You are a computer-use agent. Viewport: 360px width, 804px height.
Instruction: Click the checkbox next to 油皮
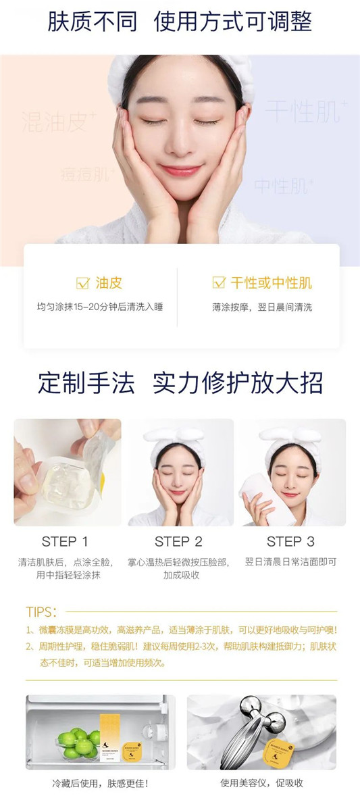click(83, 282)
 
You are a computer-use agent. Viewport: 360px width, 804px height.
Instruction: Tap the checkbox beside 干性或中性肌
click(219, 282)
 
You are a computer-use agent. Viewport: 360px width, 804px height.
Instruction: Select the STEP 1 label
click(65, 541)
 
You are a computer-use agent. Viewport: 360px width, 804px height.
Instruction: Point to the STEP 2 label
click(178, 541)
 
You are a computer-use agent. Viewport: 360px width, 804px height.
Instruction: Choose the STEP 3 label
click(290, 541)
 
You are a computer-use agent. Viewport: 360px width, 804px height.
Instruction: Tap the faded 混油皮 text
click(59, 122)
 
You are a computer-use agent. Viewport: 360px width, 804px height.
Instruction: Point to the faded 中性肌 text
click(283, 186)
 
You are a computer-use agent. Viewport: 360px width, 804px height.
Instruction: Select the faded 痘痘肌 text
click(86, 175)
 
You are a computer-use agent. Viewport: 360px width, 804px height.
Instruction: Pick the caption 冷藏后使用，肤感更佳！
click(100, 784)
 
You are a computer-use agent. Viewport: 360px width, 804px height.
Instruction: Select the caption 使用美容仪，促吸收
click(261, 784)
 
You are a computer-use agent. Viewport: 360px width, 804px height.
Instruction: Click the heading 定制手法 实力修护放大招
click(180, 383)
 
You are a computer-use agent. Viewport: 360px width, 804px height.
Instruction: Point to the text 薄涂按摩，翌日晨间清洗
click(262, 307)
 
